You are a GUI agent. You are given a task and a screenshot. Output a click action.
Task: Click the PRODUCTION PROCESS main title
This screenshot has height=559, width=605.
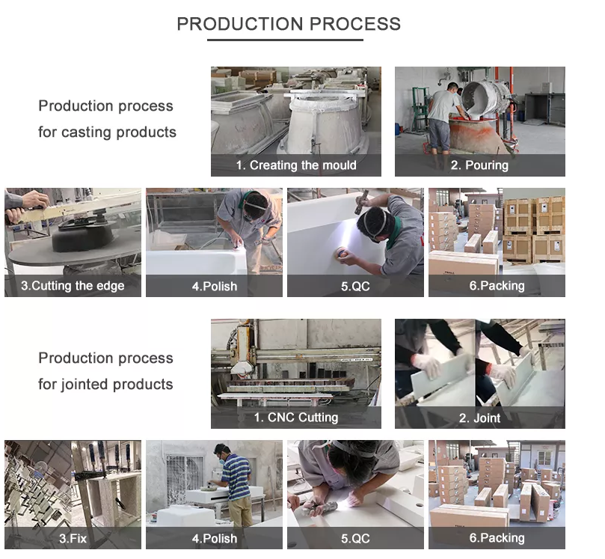[289, 24]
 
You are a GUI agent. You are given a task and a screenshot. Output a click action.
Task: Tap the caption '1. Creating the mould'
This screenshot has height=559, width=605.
[296, 165]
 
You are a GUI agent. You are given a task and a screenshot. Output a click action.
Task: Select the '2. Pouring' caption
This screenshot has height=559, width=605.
[479, 165]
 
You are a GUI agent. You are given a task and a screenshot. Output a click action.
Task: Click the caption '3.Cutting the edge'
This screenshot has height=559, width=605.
[73, 286]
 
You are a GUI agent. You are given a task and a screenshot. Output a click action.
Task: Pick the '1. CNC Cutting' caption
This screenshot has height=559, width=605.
[296, 418]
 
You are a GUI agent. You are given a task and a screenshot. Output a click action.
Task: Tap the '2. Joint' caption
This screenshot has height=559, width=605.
[479, 418]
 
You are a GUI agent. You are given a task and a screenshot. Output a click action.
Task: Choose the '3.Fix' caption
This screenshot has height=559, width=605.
[73, 538]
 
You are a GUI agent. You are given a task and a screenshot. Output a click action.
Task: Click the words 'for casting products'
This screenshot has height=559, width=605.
[107, 132]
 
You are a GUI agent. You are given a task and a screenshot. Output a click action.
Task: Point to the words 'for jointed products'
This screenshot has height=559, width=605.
[105, 384]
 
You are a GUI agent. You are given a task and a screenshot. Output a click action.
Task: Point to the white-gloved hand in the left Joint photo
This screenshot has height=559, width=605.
[426, 365]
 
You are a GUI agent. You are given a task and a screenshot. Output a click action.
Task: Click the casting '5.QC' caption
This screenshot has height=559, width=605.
[355, 286]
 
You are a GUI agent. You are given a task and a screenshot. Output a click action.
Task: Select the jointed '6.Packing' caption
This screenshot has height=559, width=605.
[497, 538]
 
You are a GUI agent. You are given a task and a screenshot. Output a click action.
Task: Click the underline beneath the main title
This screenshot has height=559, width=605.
[285, 40]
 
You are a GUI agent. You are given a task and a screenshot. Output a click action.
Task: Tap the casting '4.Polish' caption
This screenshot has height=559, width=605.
[215, 286]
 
